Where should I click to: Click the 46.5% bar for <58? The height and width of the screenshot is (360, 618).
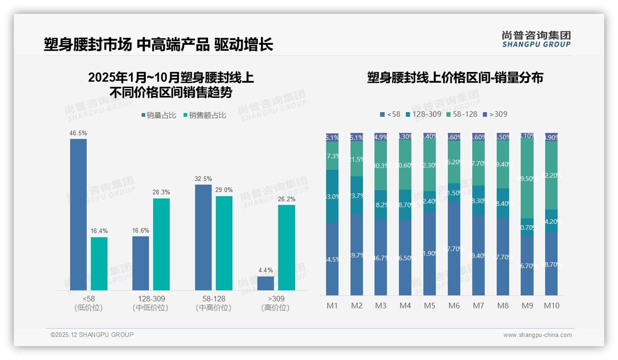(78, 215)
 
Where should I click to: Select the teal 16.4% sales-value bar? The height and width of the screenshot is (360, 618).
(99, 264)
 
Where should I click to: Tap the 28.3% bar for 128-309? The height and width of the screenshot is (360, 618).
(161, 244)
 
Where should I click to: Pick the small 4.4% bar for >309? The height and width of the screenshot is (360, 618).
(266, 283)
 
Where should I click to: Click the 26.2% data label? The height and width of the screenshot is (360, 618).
(286, 199)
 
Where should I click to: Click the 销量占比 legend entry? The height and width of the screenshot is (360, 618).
(159, 115)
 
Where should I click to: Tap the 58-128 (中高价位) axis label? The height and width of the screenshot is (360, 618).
(214, 303)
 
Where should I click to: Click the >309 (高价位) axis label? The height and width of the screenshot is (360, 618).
(275, 303)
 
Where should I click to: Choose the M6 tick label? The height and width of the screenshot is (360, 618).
(454, 306)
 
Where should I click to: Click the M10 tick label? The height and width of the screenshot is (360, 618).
(551, 306)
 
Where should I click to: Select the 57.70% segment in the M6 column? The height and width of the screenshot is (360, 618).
(454, 248)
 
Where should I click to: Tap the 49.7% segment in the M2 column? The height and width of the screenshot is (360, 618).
(357, 255)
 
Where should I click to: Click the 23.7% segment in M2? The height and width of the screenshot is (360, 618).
(357, 196)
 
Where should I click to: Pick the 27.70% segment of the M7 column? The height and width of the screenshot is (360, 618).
(478, 163)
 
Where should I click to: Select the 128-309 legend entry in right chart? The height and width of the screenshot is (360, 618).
(423, 114)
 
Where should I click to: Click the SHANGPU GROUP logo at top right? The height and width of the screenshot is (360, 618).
(536, 39)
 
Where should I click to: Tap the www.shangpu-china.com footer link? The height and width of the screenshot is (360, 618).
(537, 335)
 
